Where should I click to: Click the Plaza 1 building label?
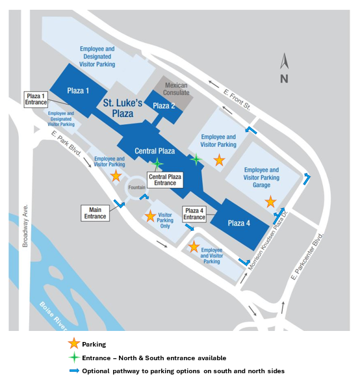[78, 90]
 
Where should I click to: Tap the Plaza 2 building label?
[164, 106]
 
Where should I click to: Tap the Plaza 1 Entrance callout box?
[36, 99]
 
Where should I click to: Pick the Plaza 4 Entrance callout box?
[194, 214]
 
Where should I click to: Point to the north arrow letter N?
[283, 79]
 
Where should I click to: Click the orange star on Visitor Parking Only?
[150, 216]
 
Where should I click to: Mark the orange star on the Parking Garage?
[270, 202]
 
